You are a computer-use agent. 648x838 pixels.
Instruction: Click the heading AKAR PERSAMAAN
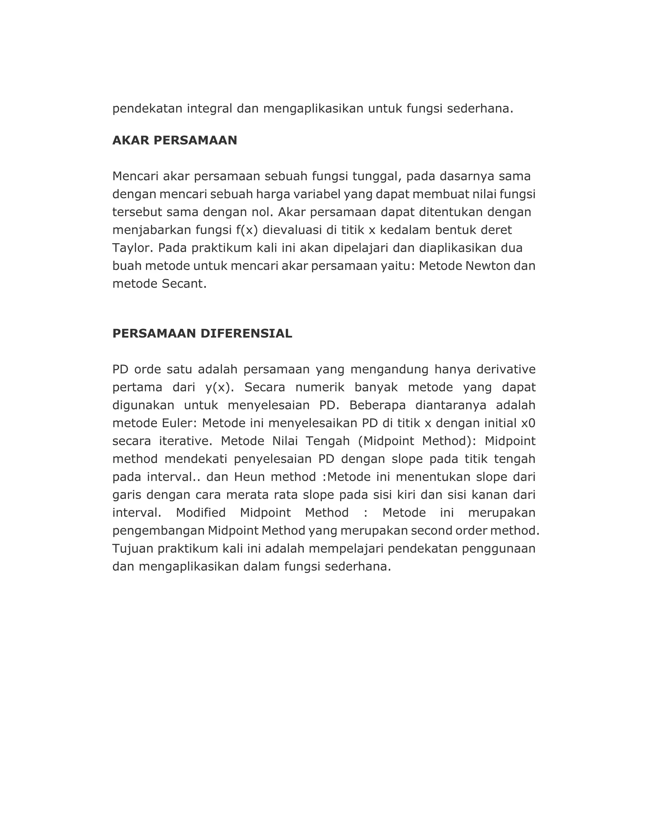point(174,140)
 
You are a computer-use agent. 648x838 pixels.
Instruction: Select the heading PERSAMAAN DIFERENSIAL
point(202,333)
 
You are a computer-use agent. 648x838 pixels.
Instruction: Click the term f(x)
point(246,230)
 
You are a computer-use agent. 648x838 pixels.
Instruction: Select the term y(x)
point(219,388)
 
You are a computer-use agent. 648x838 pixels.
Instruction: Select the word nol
point(263,212)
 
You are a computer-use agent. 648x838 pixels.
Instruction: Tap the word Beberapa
point(377,405)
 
